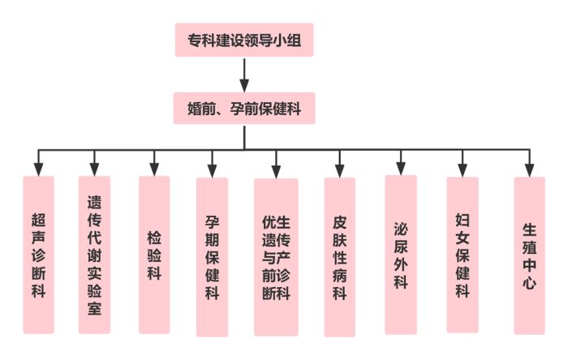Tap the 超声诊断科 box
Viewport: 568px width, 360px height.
coord(38,255)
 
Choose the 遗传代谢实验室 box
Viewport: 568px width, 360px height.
coord(94,255)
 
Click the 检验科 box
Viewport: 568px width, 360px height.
coord(154,255)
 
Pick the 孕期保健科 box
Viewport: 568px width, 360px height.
coord(212,256)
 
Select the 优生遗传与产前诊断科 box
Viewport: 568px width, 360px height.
coord(276,256)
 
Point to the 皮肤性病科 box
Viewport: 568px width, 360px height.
coord(339,256)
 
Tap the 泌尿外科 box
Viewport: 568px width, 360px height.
coord(400,255)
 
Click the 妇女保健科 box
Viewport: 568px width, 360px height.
coord(462,255)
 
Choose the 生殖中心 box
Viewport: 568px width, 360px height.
coord(528,256)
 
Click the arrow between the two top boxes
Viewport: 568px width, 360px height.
coord(244,75)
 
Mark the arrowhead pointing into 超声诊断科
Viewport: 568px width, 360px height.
coord(38,169)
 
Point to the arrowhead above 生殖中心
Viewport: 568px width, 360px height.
coord(528,169)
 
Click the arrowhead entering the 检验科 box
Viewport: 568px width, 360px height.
coord(154,169)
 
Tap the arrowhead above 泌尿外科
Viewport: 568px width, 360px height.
coord(400,168)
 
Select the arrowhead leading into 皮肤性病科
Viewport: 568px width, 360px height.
coord(339,169)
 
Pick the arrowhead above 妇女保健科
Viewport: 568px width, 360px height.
coord(462,169)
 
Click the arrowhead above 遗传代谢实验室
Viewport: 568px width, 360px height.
coord(94,169)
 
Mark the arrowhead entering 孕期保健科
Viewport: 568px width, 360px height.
coord(212,169)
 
